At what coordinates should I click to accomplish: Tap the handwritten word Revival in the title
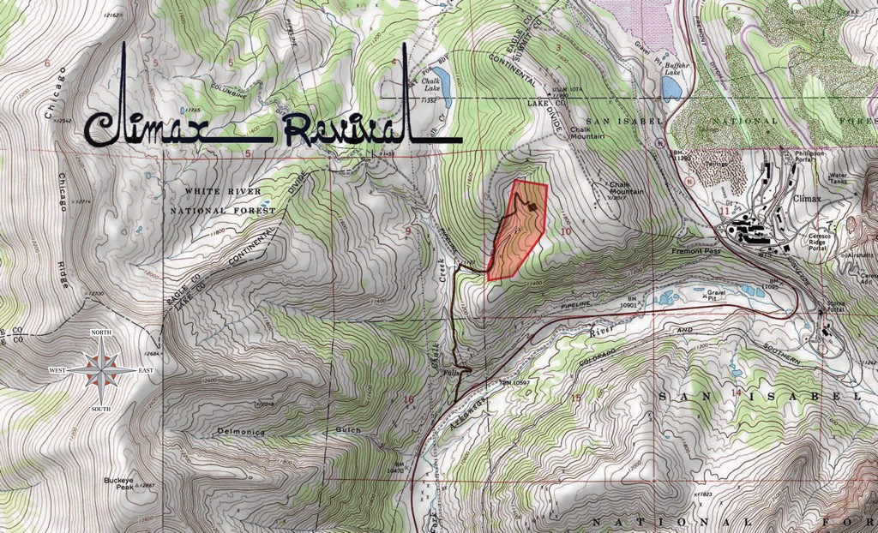[x=343, y=129]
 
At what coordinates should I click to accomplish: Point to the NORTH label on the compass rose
[x=101, y=332]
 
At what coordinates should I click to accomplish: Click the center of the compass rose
[x=102, y=369]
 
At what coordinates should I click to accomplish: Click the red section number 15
[x=575, y=396]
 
